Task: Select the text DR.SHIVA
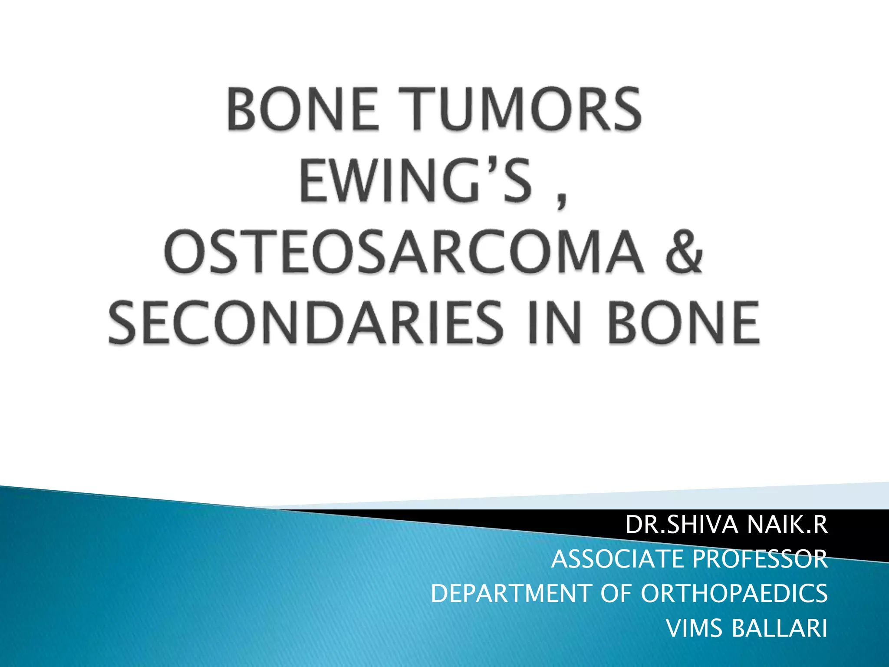point(682,525)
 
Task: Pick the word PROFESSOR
point(760,559)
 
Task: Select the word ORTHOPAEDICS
point(734,594)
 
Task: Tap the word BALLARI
point(779,628)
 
